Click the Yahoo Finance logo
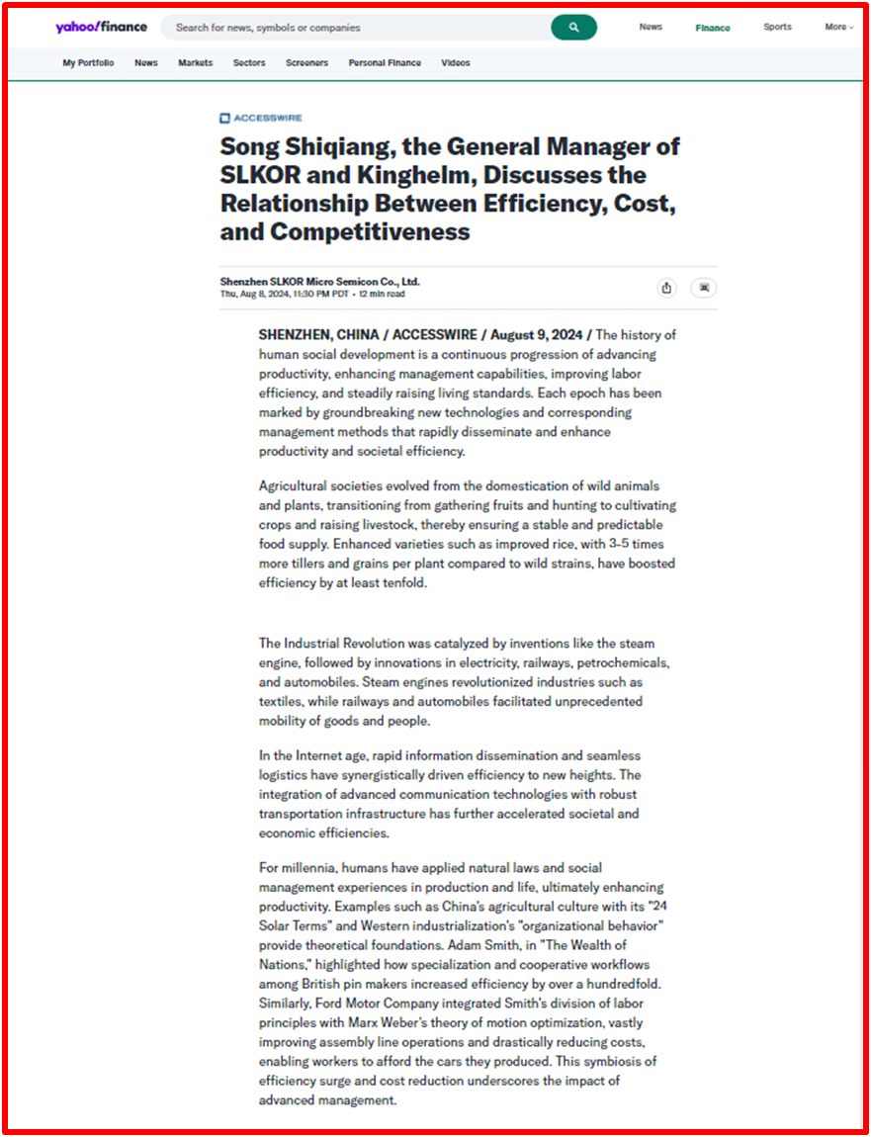(101, 27)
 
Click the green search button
(573, 28)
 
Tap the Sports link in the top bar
(777, 27)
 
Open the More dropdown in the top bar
(838, 27)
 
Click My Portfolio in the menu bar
(88, 62)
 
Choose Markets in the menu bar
(195, 62)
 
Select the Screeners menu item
(306, 62)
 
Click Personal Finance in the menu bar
(385, 62)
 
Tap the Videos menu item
(456, 62)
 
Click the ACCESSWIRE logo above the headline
(261, 118)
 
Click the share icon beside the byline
(666, 288)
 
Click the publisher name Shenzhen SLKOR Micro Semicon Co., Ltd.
(319, 282)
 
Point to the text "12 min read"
(382, 294)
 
